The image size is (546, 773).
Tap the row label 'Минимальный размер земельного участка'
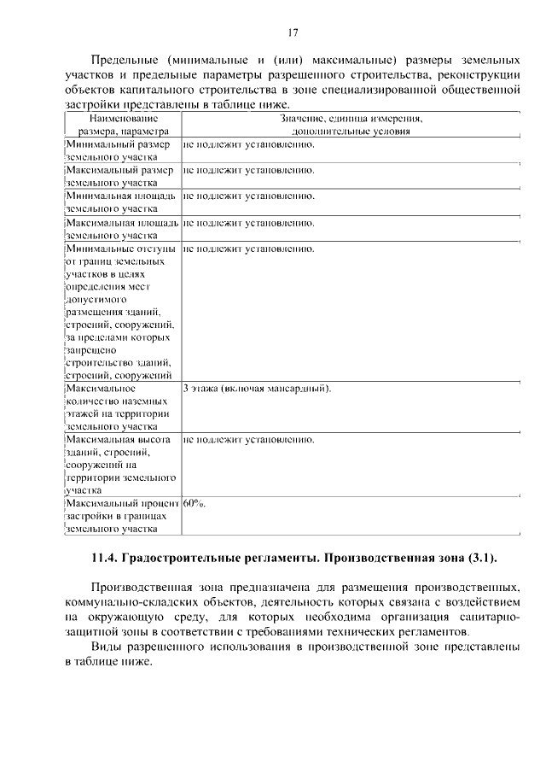[119, 150]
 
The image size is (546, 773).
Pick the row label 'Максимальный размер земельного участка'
[119, 176]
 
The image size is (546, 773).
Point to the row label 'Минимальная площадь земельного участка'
[121, 202]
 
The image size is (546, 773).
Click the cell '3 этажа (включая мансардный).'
[257, 389]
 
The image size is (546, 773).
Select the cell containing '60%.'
[195, 503]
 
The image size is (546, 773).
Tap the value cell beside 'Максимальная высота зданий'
[249, 440]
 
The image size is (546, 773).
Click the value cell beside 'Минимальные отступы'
[249, 249]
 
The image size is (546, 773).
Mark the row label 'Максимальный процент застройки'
[121, 516]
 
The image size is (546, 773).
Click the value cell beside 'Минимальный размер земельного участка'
[249, 143]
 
